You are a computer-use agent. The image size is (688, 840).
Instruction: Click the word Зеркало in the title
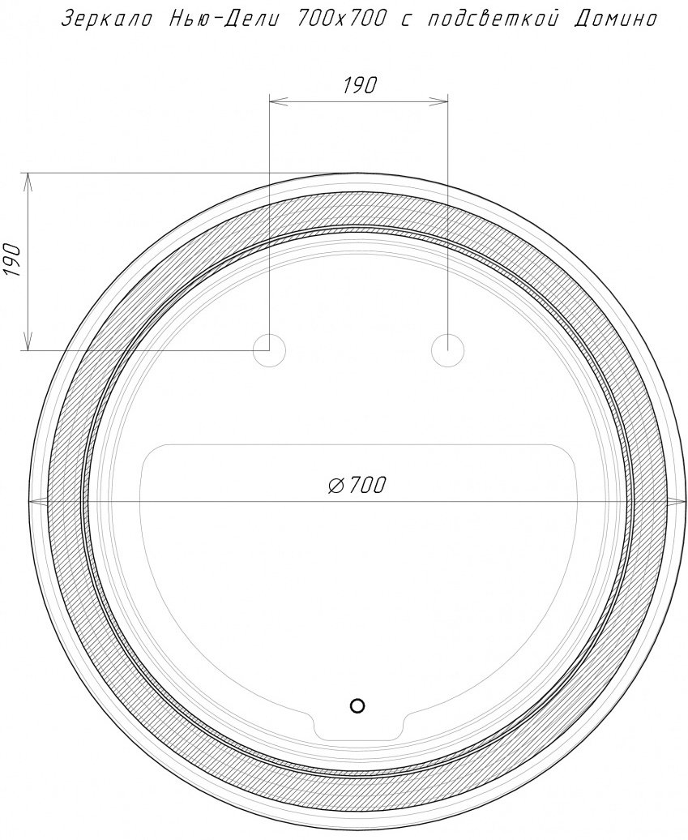[106, 19]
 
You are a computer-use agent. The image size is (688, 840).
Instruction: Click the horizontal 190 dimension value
[360, 85]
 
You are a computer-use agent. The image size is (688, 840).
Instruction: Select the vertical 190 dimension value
[12, 260]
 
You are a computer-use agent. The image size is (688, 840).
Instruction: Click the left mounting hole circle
[269, 351]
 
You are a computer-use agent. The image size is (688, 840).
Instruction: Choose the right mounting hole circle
[447, 351]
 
